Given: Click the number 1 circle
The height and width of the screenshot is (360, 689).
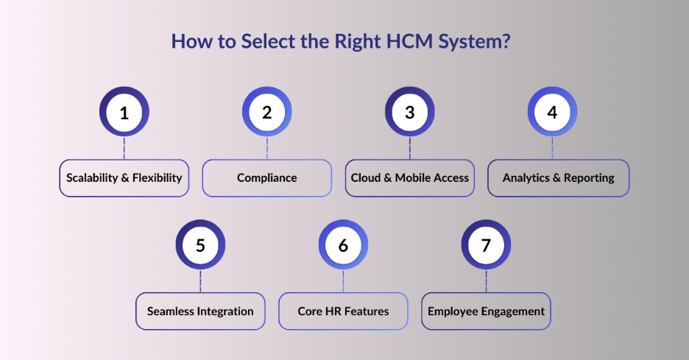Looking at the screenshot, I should (x=124, y=113).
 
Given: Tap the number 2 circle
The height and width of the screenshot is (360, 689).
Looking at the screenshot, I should (x=266, y=113).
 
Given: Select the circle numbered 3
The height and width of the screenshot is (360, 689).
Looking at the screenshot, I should (x=409, y=113).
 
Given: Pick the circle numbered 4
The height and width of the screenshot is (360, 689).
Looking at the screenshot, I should (x=552, y=113).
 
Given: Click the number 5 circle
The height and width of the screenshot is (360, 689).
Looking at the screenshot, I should (x=200, y=245).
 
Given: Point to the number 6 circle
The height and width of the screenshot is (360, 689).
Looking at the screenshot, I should (x=343, y=245).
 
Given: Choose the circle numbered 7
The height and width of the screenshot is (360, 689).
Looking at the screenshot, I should (x=486, y=245).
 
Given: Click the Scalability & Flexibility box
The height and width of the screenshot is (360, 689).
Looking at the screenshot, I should (x=124, y=178).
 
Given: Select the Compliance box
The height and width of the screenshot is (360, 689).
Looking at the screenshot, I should (x=266, y=178).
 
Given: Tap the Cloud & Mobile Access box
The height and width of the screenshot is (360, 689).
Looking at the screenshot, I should (x=409, y=178).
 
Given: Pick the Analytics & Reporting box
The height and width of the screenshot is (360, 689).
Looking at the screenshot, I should (x=558, y=178).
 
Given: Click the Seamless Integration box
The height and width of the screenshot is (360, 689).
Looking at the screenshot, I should (x=200, y=311).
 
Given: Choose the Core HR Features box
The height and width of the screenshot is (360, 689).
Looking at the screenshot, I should (x=343, y=311).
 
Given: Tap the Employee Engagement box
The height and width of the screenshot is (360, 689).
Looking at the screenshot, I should (x=486, y=311).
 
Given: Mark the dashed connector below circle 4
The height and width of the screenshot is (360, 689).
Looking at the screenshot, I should (x=552, y=149).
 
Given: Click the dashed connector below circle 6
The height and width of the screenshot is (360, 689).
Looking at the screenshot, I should (x=343, y=281).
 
